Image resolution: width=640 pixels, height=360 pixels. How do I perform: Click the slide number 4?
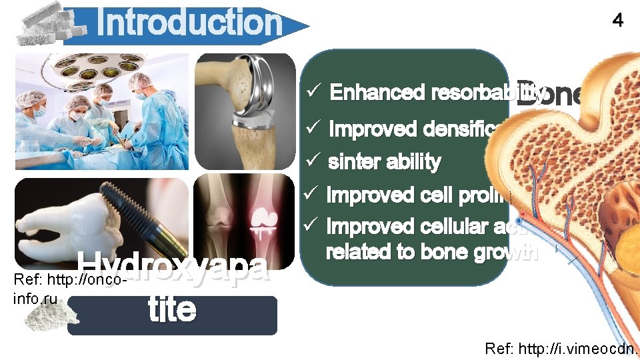[x=618, y=21]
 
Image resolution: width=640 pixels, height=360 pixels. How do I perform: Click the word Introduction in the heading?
[x=189, y=23]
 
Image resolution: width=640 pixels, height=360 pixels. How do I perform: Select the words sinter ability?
[x=385, y=162]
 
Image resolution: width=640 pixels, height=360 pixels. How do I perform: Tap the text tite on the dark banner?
[x=172, y=310]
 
